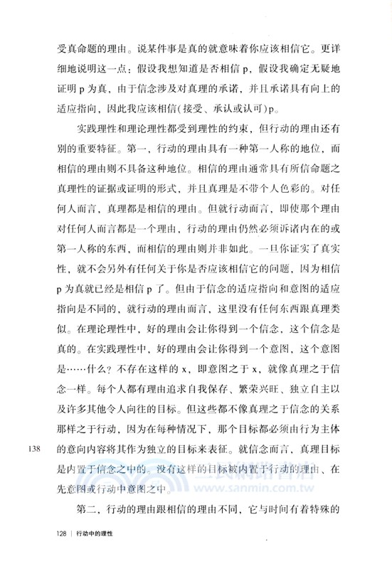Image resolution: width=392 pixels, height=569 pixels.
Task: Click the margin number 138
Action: [35, 448]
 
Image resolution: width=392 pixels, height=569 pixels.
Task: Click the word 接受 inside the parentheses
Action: [209, 111]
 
